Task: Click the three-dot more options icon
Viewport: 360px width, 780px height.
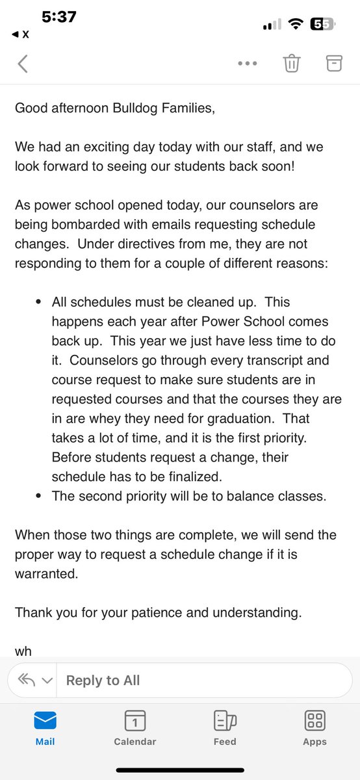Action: pyautogui.click(x=248, y=64)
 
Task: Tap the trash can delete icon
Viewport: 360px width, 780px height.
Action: pyautogui.click(x=291, y=63)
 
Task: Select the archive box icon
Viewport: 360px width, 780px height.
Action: pyautogui.click(x=333, y=63)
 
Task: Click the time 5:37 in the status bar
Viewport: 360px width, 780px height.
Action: pyautogui.click(x=60, y=18)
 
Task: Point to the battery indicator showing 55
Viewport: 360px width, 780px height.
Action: pyautogui.click(x=322, y=24)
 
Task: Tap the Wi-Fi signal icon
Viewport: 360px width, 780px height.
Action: pyautogui.click(x=296, y=24)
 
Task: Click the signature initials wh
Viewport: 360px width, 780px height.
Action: pyautogui.click(x=23, y=651)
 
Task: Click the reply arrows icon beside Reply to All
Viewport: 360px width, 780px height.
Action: pyautogui.click(x=27, y=681)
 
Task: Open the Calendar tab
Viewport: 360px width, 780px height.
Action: pyautogui.click(x=135, y=727)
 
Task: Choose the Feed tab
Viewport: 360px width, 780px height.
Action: pyautogui.click(x=225, y=727)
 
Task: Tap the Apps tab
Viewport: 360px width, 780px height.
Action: pyautogui.click(x=315, y=727)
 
